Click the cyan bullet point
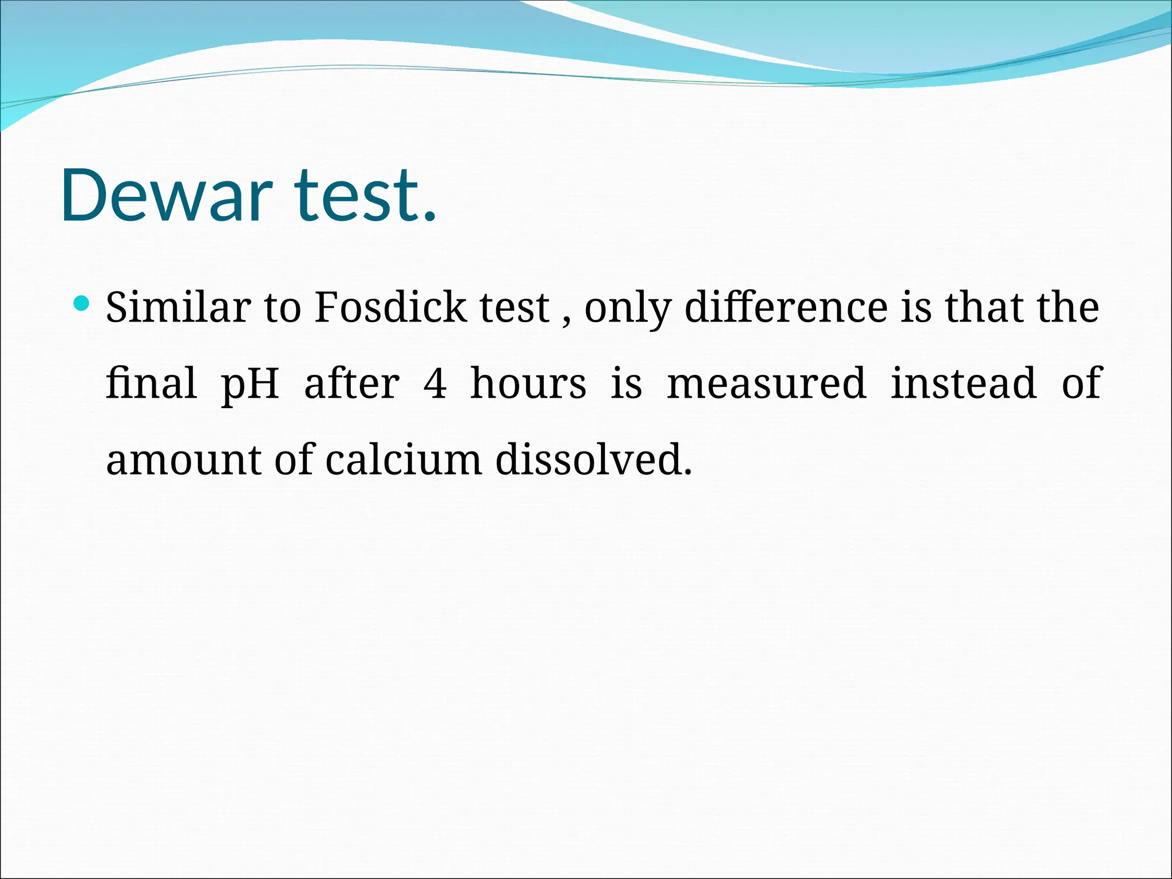82,303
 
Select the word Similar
178,307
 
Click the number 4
435,383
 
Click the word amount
183,460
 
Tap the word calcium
403,460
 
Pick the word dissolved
593,460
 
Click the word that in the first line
984,307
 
